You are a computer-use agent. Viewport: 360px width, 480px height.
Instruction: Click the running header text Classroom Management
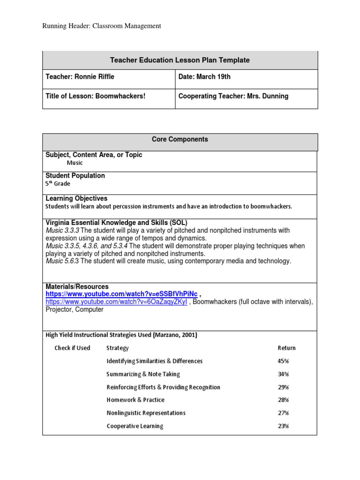(102, 26)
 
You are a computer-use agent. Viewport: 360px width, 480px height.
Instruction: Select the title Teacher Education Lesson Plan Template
(180, 60)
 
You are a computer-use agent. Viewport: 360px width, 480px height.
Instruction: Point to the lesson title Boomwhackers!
(120, 96)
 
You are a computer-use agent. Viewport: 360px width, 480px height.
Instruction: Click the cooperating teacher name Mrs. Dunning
(268, 96)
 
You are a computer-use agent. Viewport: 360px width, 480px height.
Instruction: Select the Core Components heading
(180, 139)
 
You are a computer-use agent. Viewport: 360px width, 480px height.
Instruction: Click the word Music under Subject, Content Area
(75, 163)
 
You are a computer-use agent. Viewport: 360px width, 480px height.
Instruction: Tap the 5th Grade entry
(58, 184)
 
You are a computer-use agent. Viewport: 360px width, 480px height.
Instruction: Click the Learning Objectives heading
(76, 198)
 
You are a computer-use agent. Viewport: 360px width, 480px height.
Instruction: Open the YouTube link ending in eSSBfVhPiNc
(121, 294)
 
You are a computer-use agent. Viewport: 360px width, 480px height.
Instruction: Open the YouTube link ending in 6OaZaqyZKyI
(116, 302)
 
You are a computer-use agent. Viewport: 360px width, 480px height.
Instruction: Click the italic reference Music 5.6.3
(63, 261)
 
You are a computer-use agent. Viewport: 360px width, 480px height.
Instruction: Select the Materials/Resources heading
(77, 286)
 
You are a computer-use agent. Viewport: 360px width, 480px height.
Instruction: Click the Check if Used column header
(72, 348)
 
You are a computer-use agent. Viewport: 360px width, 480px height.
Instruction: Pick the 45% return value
(283, 361)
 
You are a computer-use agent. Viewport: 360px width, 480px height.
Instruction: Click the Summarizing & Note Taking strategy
(143, 374)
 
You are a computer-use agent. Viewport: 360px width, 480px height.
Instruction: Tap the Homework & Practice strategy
(135, 400)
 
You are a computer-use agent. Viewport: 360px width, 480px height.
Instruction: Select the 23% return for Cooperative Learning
(283, 426)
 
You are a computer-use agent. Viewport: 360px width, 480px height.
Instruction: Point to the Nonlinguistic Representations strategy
(146, 413)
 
